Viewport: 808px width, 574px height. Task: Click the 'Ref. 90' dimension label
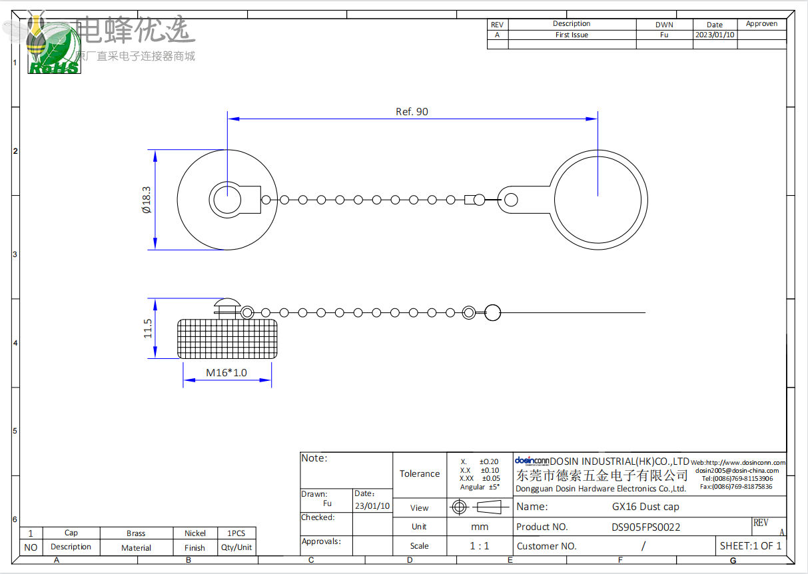[x=412, y=112]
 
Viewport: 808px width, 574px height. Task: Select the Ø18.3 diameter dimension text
[x=147, y=199]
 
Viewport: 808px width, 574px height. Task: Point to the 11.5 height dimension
[x=148, y=328]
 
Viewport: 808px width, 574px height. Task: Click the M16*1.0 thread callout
[x=226, y=372]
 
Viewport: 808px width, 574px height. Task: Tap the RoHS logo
[x=54, y=67]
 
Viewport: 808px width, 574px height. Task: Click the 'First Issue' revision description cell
[x=572, y=35]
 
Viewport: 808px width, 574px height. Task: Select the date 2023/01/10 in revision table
[x=714, y=35]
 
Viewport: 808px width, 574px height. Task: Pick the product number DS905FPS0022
[x=645, y=527]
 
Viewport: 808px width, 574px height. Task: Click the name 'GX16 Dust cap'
[x=645, y=507]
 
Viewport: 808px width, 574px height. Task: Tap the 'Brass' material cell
[x=136, y=533]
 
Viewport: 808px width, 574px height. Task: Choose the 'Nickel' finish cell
[x=195, y=533]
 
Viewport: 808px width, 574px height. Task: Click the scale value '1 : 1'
[x=479, y=546]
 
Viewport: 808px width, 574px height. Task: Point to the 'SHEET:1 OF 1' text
[x=751, y=546]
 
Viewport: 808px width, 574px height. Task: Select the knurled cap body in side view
[x=227, y=338]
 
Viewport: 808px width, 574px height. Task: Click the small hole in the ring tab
[x=511, y=199]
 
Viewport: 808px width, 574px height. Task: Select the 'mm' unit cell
[x=479, y=527]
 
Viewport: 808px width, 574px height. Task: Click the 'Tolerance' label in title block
[x=420, y=474]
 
